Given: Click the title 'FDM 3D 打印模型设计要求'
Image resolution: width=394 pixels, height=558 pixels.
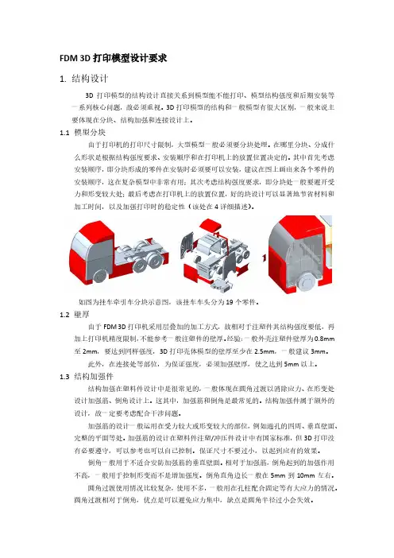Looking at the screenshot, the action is (x=114, y=58).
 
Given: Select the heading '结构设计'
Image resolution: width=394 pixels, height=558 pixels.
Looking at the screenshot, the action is (x=90, y=79).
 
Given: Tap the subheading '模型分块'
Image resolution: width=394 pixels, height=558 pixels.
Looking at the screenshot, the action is (x=90, y=133).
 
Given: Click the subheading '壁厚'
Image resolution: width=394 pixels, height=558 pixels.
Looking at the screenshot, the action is (x=82, y=314).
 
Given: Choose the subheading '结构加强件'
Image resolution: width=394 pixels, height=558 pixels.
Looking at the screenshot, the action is (x=94, y=376).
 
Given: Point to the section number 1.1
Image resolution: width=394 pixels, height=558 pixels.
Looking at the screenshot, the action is (x=64, y=133).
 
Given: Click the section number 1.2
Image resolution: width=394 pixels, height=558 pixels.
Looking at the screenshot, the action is (x=64, y=315).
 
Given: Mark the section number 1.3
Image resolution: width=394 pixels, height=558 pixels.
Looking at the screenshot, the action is (x=64, y=377).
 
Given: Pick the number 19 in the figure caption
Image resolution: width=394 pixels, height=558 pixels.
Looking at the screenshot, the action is (x=230, y=302).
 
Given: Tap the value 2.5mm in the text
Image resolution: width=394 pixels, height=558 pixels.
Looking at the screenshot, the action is (x=265, y=351).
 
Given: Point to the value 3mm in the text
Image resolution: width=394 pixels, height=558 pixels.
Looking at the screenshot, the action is (x=318, y=351).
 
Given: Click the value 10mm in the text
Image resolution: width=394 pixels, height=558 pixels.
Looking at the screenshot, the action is (x=306, y=475).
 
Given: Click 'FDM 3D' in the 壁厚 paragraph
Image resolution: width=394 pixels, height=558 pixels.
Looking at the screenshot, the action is (x=114, y=327).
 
